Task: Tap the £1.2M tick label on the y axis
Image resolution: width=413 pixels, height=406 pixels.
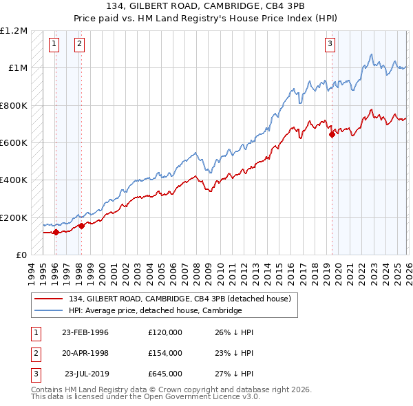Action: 14,31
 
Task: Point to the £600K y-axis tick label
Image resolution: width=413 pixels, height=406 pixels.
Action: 14,143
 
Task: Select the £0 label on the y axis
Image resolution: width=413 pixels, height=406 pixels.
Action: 21,255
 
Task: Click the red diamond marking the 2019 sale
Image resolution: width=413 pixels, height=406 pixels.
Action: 332,135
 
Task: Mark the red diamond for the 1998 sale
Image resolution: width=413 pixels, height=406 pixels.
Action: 81,226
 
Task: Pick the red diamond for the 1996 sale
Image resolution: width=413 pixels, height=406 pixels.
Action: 56,232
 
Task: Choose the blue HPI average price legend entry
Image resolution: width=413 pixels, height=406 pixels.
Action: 155,310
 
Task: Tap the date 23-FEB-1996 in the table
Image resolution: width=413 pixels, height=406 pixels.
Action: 85,332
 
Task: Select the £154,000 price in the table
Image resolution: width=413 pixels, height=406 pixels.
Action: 165,353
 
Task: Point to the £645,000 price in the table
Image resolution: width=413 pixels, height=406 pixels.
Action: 165,374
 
